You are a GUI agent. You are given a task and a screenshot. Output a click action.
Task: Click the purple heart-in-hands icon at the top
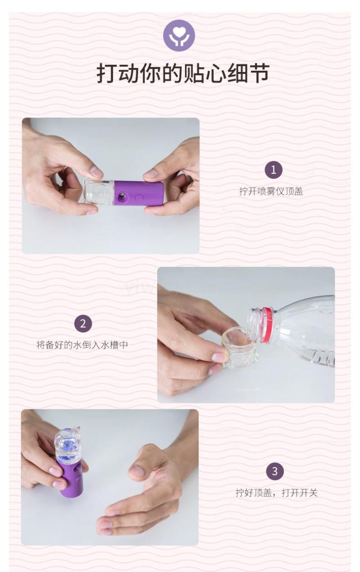179,36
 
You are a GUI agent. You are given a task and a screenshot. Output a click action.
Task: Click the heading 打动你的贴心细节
183,74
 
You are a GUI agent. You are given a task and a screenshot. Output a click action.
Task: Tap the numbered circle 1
273,170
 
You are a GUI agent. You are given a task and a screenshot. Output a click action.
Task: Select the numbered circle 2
83,324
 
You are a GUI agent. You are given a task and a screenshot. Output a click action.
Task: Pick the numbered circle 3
275,471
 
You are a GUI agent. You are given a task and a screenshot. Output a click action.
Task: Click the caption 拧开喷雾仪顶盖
271,191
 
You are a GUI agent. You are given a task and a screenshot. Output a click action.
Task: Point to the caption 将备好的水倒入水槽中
82,345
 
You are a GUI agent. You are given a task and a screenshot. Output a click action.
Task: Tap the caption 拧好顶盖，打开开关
277,493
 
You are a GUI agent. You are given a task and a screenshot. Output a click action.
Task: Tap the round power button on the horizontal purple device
139,197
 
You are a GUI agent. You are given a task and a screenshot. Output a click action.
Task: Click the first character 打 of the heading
108,74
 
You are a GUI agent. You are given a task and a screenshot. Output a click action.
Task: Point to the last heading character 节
259,74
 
